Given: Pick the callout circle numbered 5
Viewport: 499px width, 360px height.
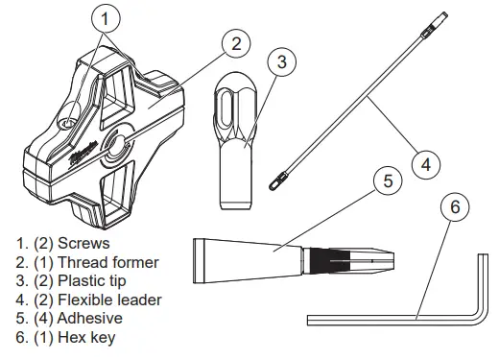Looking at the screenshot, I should [x=383, y=180].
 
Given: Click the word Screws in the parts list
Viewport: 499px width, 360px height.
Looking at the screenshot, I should [x=83, y=244].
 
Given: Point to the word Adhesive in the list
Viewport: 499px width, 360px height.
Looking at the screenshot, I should [x=96, y=319].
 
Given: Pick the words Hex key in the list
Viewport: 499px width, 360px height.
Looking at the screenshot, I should [x=92, y=337].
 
